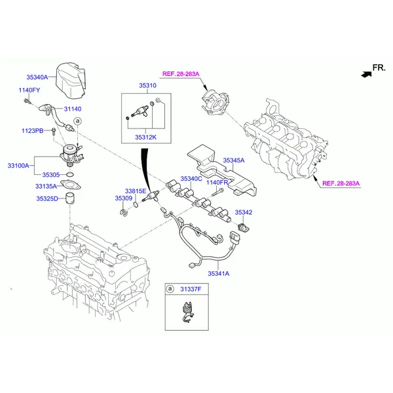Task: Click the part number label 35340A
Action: point(37,77)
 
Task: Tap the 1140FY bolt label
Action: point(29,90)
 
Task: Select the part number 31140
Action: point(73,109)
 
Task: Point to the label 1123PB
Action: point(33,131)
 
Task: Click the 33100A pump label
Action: point(18,166)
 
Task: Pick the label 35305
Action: point(51,175)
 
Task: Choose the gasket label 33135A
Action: point(46,187)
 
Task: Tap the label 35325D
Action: point(47,198)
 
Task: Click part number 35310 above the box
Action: point(147,85)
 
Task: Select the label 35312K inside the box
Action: point(145,138)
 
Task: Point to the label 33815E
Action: point(136,191)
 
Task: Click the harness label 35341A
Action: point(219,273)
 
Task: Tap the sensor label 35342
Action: point(244,212)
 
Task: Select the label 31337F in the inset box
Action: point(191,290)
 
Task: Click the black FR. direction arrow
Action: point(366,75)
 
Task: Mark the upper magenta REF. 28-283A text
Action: point(181,74)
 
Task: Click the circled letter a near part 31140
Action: point(78,121)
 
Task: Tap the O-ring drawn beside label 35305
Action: point(70,175)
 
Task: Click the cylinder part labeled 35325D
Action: point(71,198)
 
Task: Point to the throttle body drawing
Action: point(215,103)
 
